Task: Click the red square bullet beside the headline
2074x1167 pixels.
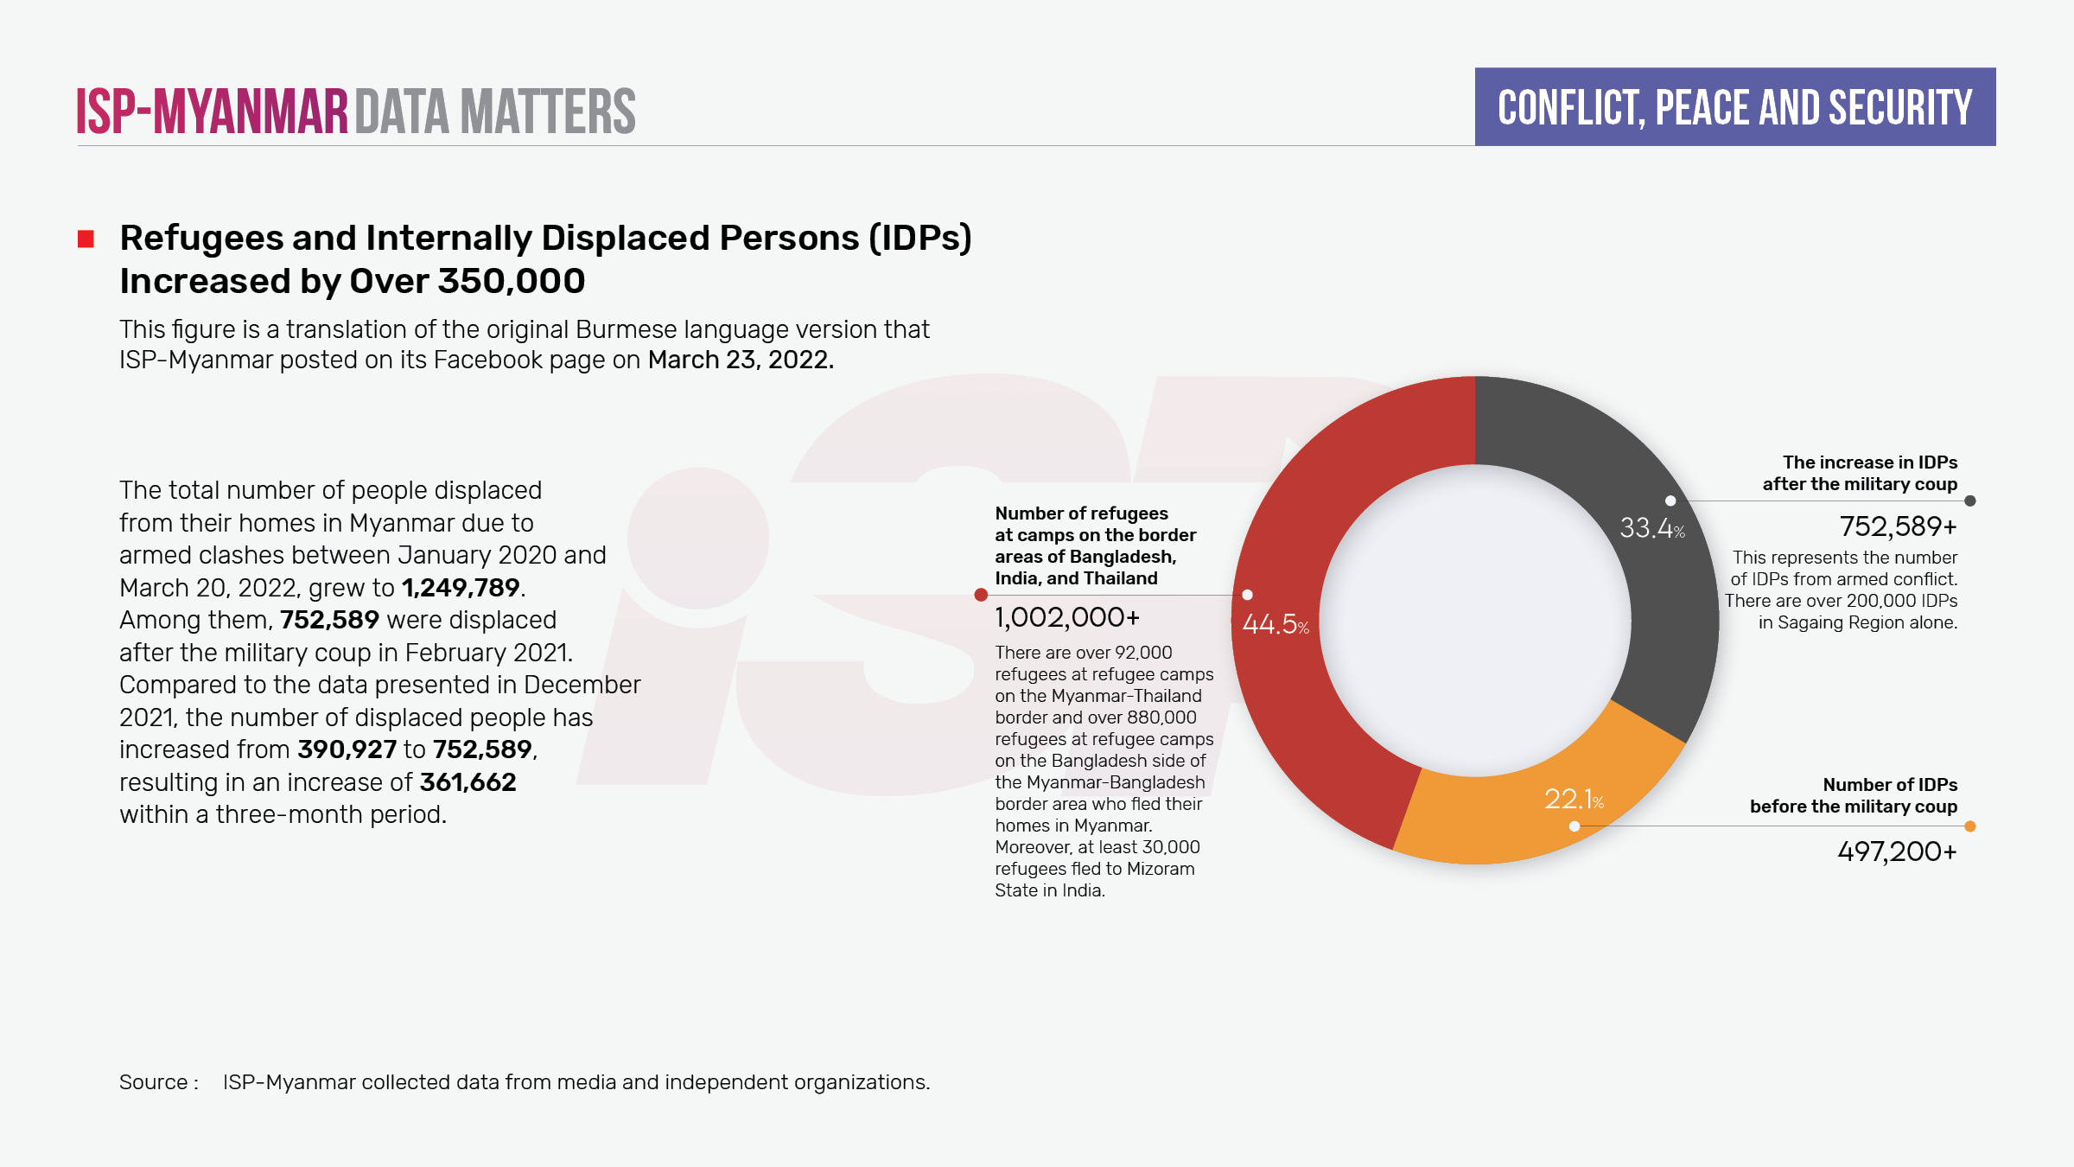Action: point(86,239)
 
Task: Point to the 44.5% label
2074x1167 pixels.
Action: point(1276,624)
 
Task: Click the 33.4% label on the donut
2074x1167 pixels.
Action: point(1651,528)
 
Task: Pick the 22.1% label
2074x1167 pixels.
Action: point(1574,800)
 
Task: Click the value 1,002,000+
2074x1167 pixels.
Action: point(1067,617)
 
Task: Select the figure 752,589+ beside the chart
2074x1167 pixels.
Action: point(1898,526)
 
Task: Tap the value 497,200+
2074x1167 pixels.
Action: point(1897,851)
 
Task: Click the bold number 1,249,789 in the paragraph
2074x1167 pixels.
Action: point(461,588)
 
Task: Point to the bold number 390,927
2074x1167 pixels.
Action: point(347,749)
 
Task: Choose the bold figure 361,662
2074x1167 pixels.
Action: point(468,782)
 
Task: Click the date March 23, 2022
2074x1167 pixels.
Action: point(741,360)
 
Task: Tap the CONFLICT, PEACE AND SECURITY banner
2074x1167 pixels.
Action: point(1734,107)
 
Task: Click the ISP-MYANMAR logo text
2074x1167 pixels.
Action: point(212,112)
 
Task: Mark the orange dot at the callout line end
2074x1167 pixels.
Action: point(1970,826)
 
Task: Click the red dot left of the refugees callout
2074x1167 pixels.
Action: point(981,595)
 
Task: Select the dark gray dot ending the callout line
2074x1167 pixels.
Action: point(1970,501)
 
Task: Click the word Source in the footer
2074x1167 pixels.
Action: point(154,1082)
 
